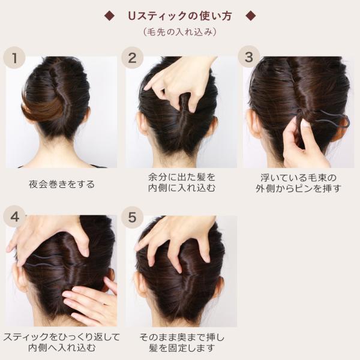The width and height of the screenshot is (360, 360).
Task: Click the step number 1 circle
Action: point(14,58)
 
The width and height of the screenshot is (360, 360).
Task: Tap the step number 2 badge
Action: point(132,58)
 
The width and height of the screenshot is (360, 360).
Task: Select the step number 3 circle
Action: point(249,57)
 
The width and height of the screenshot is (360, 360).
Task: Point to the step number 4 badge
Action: point(14,216)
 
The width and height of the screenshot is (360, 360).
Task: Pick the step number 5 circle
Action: point(132,216)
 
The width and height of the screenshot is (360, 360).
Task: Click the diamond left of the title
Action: point(109,16)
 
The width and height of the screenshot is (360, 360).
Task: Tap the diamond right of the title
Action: point(251,16)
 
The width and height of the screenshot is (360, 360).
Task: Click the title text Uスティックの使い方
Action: point(179,16)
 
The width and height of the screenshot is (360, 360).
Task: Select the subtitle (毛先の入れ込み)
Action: point(179,32)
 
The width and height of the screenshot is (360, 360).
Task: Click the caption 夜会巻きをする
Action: point(62,184)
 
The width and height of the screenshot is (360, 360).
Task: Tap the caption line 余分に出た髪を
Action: point(181,177)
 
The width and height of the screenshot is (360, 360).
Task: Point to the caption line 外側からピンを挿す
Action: point(298,188)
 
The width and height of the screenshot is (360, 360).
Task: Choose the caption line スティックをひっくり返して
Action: point(62,337)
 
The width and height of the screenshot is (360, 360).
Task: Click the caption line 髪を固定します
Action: point(181,348)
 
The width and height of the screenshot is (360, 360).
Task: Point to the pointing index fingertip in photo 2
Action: point(147,88)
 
